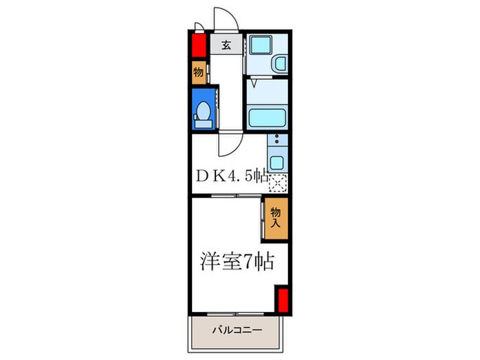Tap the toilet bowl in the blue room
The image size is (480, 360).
(203, 113)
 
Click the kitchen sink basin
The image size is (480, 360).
(276, 163)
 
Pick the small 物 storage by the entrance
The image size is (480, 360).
(198, 72)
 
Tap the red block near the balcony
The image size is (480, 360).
(282, 300)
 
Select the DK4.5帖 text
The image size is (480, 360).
(231, 176)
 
